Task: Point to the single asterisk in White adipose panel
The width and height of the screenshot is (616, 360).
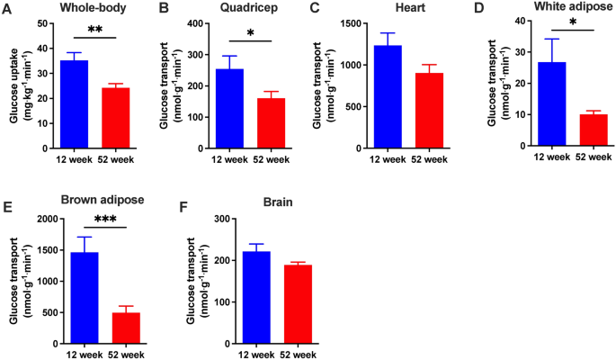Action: (x=573, y=22)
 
